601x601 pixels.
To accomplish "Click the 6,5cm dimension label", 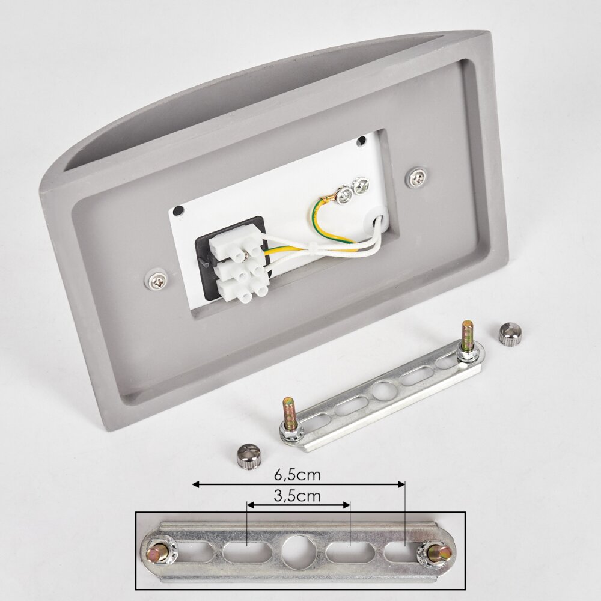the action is [x=297, y=475].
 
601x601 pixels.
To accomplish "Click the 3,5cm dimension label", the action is [x=297, y=496].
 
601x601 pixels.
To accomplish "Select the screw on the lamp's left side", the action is [x=158, y=281].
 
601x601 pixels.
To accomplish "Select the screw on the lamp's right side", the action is [x=416, y=177].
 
